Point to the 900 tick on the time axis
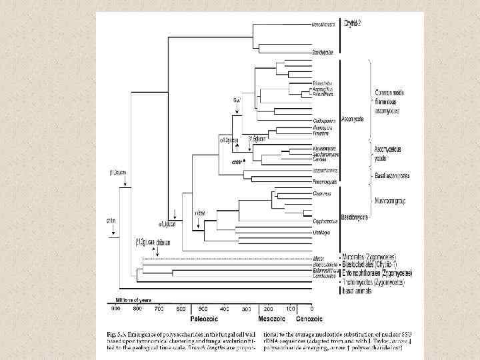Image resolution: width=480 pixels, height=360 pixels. (x=116, y=309)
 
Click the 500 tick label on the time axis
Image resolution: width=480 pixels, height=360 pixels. (x=203, y=309)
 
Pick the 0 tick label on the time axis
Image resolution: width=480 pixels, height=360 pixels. (x=311, y=309)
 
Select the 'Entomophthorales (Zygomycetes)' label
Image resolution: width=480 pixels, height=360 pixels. (x=376, y=273)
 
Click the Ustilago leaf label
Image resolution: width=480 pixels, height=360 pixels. (x=321, y=231)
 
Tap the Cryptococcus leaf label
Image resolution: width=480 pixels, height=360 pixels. (x=323, y=219)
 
